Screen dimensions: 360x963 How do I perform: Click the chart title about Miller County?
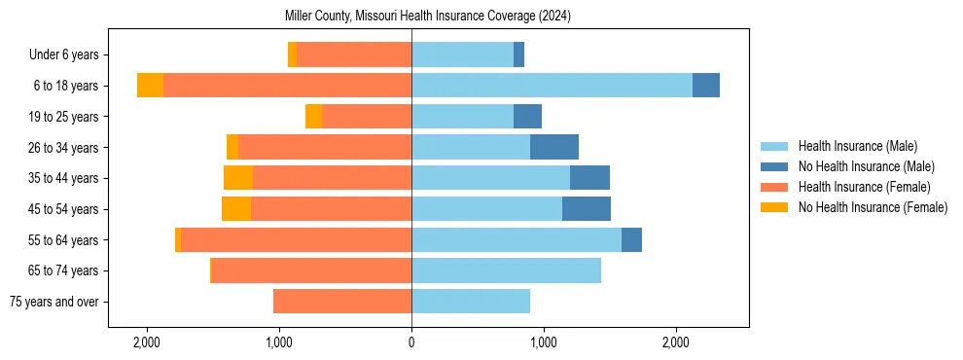point(428,17)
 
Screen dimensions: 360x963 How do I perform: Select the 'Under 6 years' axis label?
point(69,55)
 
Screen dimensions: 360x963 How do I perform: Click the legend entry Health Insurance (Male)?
point(857,146)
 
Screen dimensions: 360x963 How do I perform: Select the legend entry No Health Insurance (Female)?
point(873,207)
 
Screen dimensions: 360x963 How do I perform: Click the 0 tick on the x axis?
point(411,342)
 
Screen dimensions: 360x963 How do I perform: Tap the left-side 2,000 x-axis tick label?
point(147,342)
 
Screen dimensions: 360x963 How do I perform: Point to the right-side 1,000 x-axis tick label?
point(544,342)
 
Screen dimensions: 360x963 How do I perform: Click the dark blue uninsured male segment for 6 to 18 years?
point(706,86)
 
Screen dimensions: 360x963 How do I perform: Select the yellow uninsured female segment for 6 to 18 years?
point(150,86)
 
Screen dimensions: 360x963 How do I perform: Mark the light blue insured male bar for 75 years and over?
point(471,302)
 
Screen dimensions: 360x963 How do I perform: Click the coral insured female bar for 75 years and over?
point(342,302)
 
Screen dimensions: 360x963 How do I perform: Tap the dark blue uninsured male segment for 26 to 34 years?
point(554,147)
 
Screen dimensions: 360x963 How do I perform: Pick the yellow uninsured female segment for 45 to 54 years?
point(236,209)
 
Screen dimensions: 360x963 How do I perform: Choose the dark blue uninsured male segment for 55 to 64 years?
point(631,239)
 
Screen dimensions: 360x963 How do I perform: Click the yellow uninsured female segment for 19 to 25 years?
point(313,117)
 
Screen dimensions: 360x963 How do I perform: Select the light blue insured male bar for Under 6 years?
point(462,54)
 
